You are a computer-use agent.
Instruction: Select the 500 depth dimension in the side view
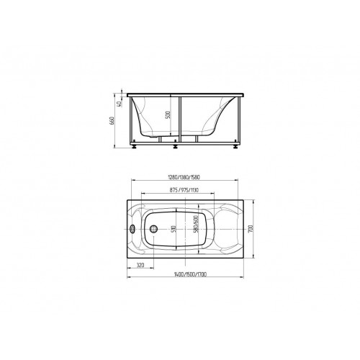pos(168,115)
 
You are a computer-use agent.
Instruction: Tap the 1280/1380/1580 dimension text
pos(184,177)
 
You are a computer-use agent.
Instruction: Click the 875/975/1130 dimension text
pos(184,190)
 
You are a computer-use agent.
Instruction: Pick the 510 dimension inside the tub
pos(174,229)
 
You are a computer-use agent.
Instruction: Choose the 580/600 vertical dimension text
pos(196,224)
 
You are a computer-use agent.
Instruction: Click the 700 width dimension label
pos(251,229)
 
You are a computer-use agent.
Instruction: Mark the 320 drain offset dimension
pos(140,265)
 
